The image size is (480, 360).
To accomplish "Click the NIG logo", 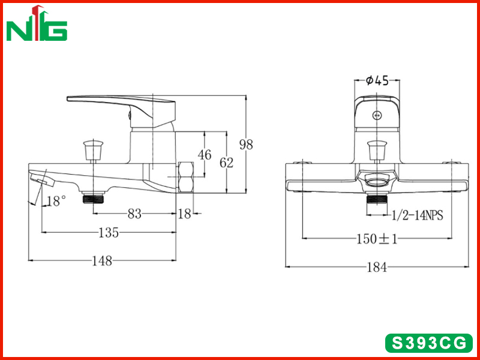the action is pos(37,23).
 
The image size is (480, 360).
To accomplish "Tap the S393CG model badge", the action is pos(428,343).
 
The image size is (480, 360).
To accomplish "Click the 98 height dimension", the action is pos(246,144).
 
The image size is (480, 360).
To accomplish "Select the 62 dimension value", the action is pos(227,163).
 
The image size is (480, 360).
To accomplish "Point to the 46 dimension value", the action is pos(205,155).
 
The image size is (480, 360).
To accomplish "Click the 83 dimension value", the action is pos(134,214).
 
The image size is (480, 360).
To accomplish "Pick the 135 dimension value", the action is pos(109,233).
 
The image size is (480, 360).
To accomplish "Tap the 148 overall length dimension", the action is pos(103,261).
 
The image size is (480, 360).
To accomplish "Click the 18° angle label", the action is pos(56,201).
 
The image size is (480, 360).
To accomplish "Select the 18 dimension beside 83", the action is pos(185,214).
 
